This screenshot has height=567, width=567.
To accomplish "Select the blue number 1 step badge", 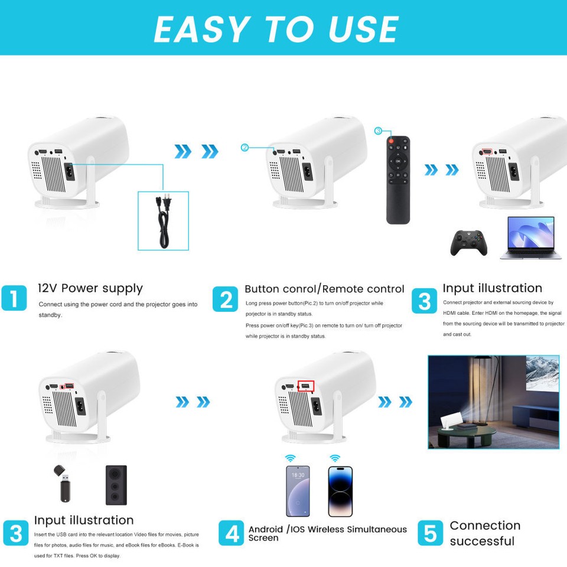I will (x=14, y=298).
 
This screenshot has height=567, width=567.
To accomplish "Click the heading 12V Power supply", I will (x=90, y=288).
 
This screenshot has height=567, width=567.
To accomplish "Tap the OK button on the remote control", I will (x=397, y=161).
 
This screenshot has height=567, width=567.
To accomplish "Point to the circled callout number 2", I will (x=245, y=147).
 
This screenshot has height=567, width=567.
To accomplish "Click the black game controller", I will (x=469, y=242).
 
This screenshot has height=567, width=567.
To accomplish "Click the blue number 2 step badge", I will (x=226, y=299).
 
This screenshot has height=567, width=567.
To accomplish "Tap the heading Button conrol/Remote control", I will (x=324, y=289).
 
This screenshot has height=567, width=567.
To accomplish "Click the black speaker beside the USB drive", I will (x=116, y=485).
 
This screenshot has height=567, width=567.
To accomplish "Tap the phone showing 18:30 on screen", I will (x=298, y=491).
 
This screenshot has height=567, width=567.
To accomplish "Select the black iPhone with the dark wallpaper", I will (x=340, y=491).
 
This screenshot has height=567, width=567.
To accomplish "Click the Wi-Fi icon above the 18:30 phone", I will (x=291, y=458).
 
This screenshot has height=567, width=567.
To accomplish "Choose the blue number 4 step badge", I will (x=231, y=533).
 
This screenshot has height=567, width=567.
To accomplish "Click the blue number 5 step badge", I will (x=430, y=533).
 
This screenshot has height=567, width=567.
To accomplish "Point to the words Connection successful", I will (x=484, y=533).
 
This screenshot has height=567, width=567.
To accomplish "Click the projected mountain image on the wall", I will (x=542, y=373).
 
